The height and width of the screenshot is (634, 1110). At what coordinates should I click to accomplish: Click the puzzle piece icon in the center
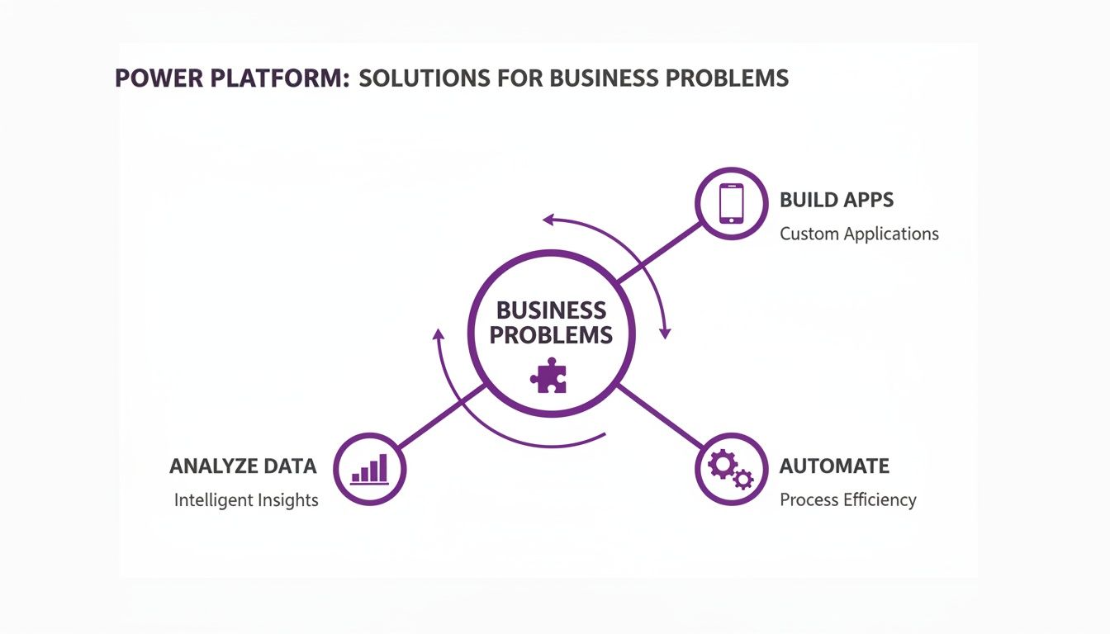click(548, 376)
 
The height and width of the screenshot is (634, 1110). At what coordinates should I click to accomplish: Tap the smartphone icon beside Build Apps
click(731, 203)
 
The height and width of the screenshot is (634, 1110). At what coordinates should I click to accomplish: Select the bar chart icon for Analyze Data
click(369, 469)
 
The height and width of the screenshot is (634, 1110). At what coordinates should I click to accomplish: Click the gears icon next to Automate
click(731, 468)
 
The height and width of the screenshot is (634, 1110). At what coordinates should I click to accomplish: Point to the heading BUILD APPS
click(836, 200)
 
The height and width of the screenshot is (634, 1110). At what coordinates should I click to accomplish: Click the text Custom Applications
click(859, 234)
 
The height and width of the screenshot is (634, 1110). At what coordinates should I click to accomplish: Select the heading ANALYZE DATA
click(243, 466)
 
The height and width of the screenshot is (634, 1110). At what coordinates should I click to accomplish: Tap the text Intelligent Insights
click(246, 500)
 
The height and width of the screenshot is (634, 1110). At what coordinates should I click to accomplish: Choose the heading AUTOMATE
click(834, 466)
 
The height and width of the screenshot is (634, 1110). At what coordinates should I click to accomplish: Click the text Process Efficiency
click(847, 500)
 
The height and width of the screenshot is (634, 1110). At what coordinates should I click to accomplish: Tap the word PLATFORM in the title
click(283, 78)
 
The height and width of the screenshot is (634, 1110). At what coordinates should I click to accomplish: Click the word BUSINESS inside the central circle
click(551, 310)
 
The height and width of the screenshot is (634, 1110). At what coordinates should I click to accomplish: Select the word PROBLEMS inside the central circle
click(551, 335)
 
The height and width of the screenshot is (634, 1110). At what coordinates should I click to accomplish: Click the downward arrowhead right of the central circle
click(665, 333)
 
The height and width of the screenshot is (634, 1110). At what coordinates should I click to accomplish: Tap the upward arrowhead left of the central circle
click(439, 334)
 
